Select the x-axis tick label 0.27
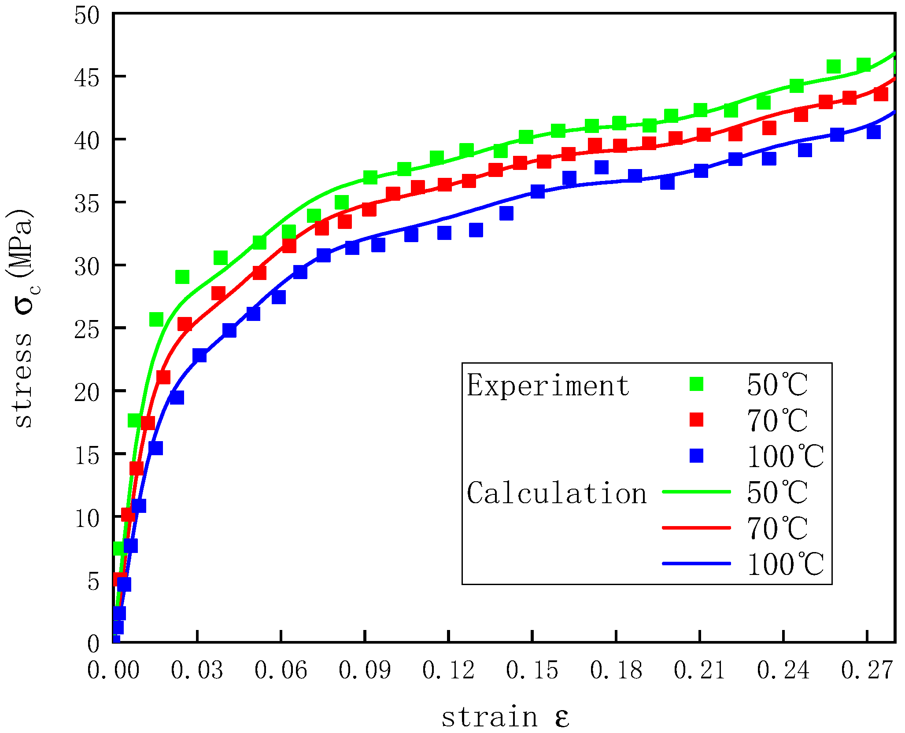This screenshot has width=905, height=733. (867, 671)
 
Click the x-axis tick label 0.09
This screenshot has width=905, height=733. (364, 671)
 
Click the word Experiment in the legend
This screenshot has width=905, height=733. (548, 386)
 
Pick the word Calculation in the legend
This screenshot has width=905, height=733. (557, 494)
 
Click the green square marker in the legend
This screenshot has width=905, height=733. (696, 384)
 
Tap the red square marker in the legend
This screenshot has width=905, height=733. (696, 420)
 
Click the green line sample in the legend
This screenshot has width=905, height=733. (696, 492)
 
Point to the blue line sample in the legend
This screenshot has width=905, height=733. (696, 564)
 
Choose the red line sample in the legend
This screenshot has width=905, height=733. (696, 527)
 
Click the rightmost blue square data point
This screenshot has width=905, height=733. (873, 132)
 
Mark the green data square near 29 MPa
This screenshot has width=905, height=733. (182, 277)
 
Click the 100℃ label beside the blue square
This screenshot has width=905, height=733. (785, 457)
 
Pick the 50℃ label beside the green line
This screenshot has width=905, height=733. (777, 493)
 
